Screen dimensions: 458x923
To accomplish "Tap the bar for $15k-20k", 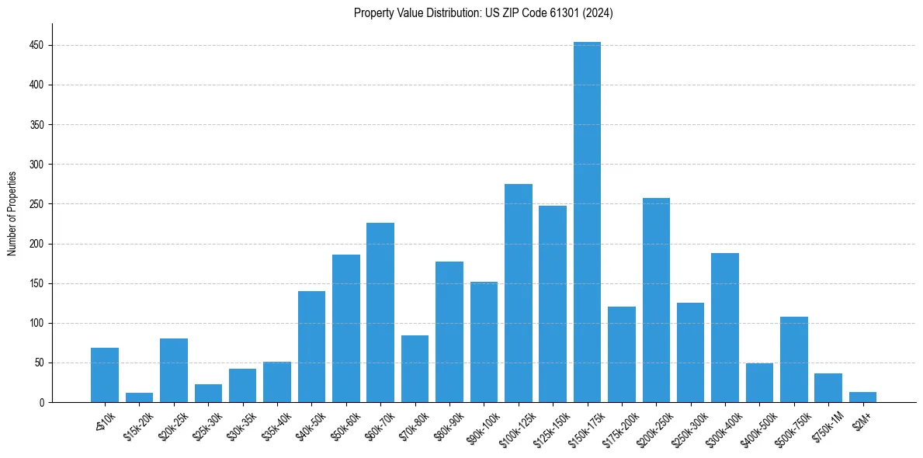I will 139,397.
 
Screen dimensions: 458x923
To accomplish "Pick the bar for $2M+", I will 862,397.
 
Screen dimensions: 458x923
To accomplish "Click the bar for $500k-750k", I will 793,359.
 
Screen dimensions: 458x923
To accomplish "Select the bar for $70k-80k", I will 415,369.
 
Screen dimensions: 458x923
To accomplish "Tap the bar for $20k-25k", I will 174,370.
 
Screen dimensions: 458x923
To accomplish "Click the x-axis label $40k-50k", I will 311,425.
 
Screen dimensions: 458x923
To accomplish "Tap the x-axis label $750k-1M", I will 827,426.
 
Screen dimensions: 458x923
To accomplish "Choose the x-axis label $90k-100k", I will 482,427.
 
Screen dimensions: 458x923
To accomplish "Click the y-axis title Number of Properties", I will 12,213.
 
